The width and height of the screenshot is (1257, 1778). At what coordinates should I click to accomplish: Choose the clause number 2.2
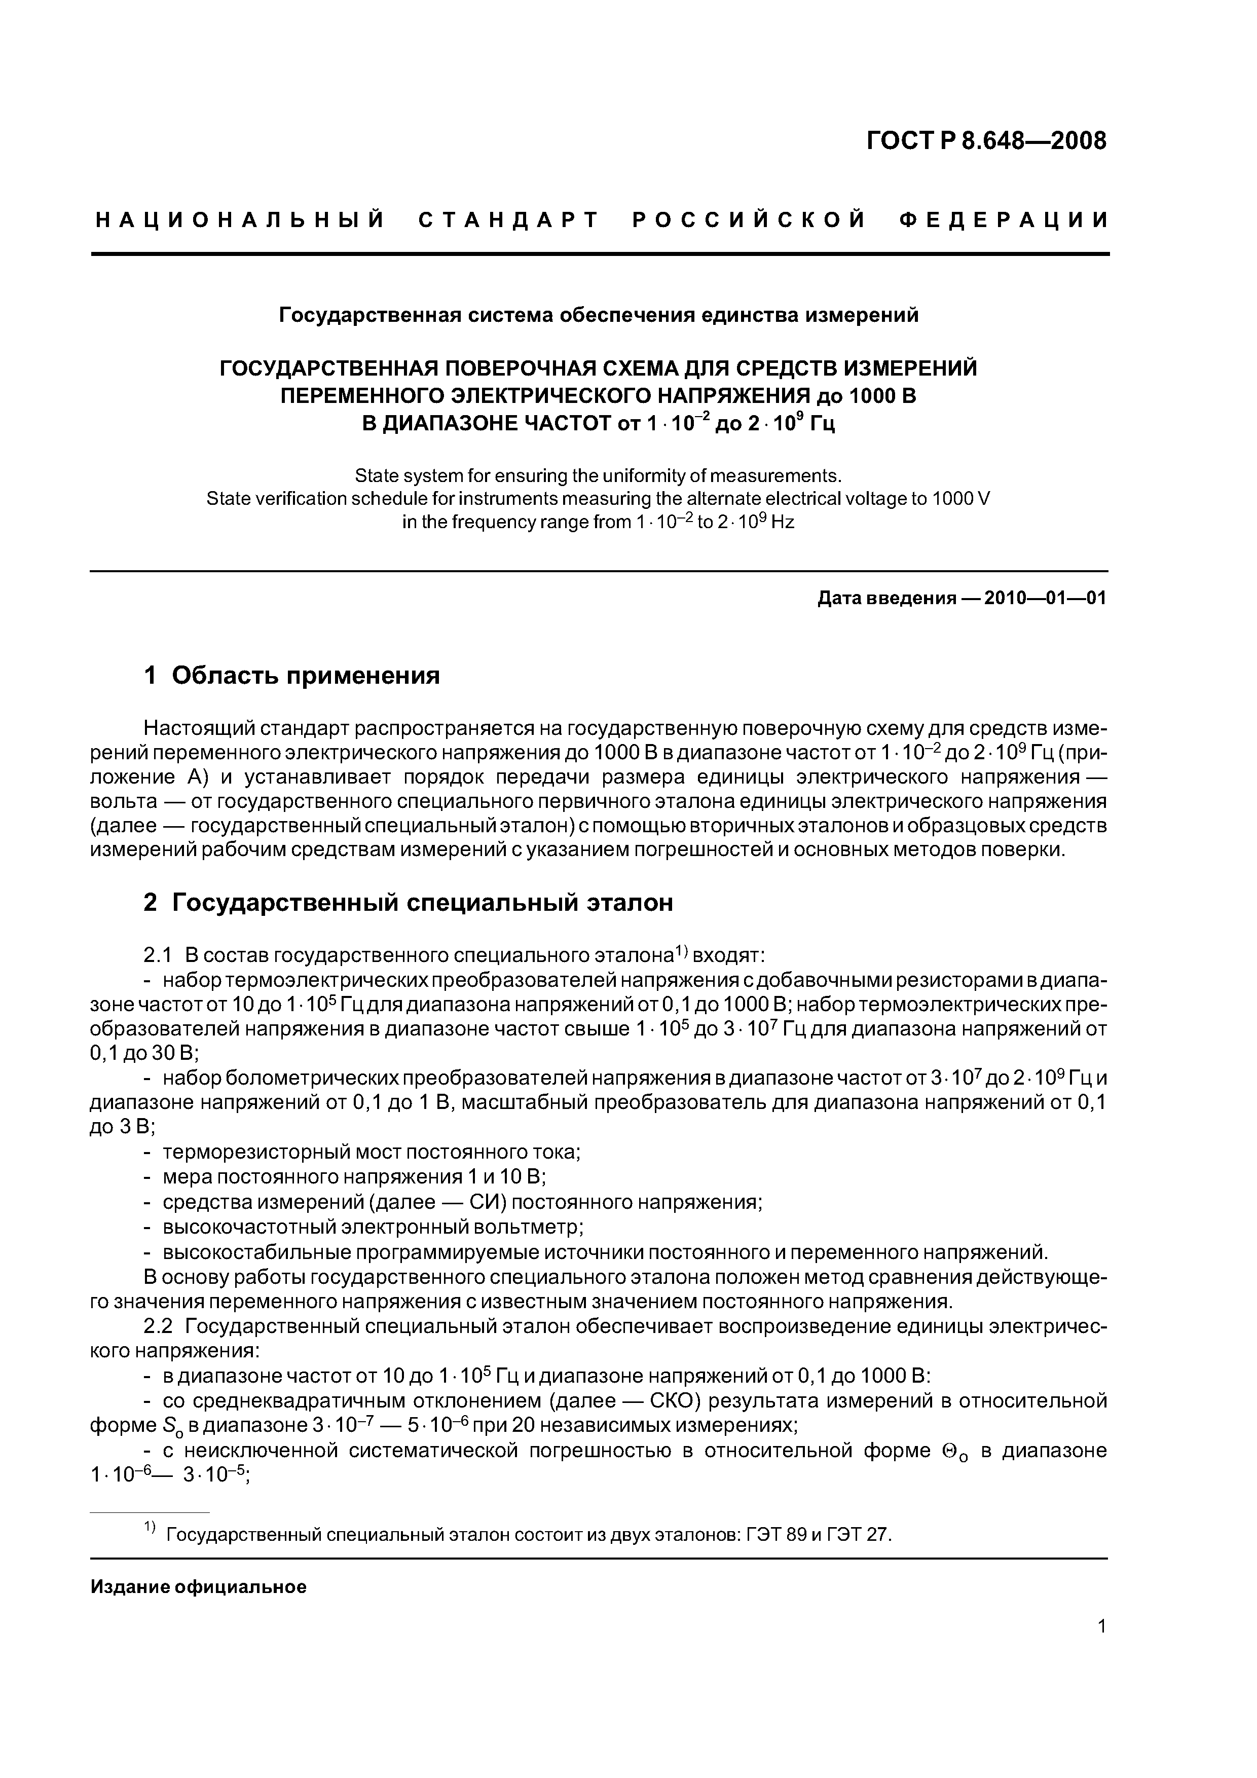(158, 1326)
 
